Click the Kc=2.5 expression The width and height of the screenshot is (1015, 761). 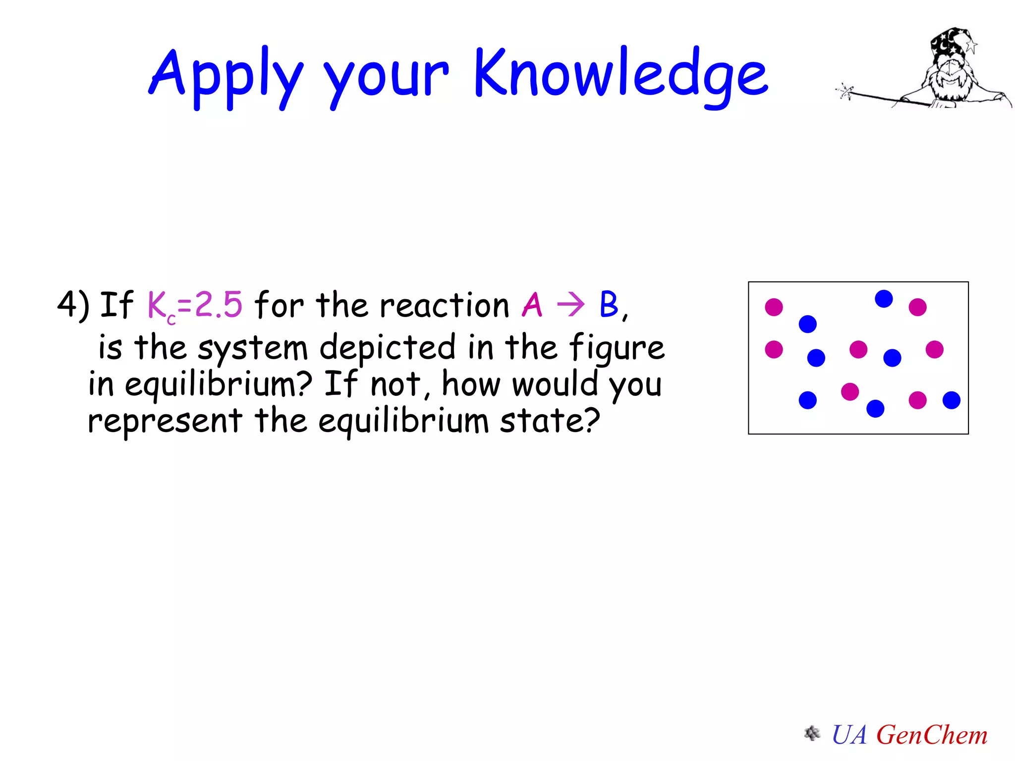195,305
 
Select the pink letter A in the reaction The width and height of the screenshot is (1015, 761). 532,305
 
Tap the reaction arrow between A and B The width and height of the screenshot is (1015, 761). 570,304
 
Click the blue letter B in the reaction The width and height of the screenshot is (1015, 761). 609,304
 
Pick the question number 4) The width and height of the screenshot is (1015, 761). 73,304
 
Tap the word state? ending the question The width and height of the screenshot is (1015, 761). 550,421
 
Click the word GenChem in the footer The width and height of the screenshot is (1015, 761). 932,734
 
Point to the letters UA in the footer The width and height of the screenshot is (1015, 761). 849,734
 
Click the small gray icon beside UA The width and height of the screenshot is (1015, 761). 812,733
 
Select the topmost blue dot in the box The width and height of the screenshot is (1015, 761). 884,299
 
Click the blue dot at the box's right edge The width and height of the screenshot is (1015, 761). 951,400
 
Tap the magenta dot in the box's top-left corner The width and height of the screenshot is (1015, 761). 774,307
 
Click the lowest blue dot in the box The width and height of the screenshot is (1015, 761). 875,409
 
